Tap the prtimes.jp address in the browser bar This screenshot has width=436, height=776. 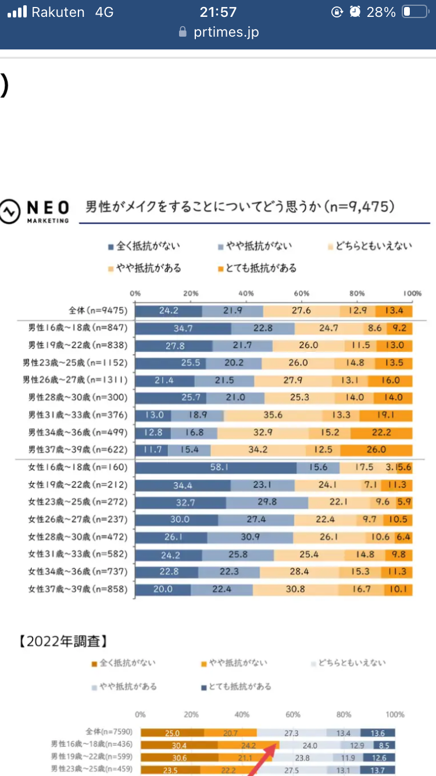(x=226, y=32)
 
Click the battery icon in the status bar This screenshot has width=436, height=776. (x=414, y=12)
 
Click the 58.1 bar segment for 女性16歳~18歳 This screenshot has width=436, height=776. (x=216, y=467)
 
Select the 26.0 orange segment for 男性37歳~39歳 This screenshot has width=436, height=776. (x=376, y=450)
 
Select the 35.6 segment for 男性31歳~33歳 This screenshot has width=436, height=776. (x=273, y=415)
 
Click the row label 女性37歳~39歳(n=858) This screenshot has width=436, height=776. (x=78, y=589)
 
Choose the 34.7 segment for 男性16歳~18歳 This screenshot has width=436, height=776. (x=183, y=328)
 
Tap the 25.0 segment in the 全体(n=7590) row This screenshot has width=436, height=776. (x=172, y=733)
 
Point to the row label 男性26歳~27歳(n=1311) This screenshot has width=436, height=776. (x=75, y=380)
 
